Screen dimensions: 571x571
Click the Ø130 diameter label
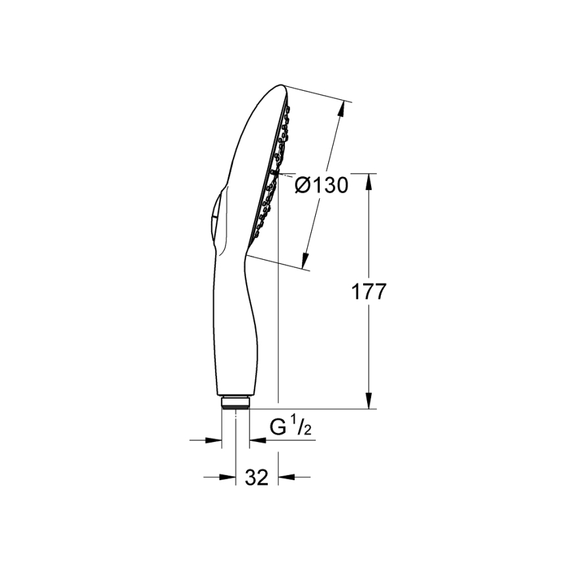321,186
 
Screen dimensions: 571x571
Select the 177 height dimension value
367,292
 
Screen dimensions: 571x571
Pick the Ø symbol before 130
302,186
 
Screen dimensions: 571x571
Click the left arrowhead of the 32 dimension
230,478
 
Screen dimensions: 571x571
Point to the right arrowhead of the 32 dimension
284,478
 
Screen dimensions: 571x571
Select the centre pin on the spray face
273,174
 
